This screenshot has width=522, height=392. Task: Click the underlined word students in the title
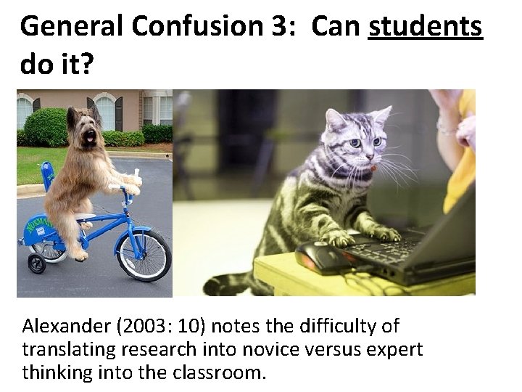click(x=426, y=28)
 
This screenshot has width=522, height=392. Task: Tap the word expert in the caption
click(x=395, y=350)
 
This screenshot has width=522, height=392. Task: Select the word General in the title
click(x=62, y=28)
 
